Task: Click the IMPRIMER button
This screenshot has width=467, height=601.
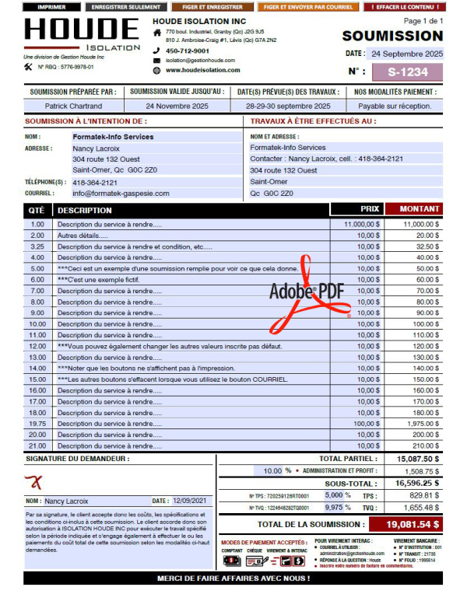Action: tap(51, 6)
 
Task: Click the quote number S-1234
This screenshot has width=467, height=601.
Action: tap(409, 72)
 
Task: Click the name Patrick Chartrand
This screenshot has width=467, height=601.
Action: tap(73, 106)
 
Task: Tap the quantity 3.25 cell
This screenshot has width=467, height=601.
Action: tap(37, 246)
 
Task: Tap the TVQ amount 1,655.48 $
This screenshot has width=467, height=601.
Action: tap(421, 507)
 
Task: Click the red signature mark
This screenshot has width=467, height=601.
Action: tap(37, 484)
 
